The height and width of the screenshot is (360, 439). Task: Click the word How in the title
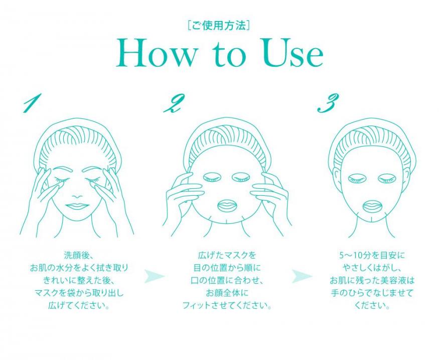(156, 53)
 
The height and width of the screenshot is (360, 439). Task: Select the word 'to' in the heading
(228, 55)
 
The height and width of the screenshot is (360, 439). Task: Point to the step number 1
(32, 102)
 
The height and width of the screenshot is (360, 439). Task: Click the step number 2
(173, 102)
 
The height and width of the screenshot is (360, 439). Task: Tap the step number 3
(328, 102)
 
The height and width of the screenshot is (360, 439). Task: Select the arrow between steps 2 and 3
(302, 276)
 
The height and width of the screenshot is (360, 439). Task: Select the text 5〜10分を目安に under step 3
(372, 255)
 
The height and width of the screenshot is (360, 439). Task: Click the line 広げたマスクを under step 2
(227, 255)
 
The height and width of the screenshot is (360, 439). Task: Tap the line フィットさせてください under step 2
(227, 305)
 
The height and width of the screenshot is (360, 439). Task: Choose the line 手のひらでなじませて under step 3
(372, 293)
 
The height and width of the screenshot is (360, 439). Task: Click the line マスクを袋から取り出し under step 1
(78, 293)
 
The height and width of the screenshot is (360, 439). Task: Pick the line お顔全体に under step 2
(227, 293)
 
